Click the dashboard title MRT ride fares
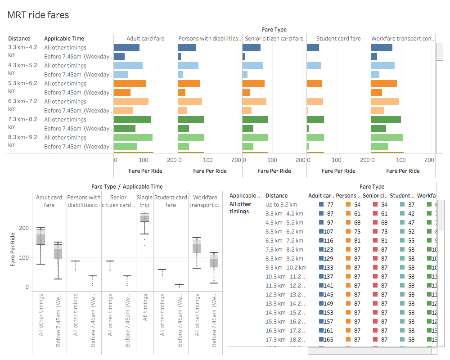38,15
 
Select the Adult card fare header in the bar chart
145,39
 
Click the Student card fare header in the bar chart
338,39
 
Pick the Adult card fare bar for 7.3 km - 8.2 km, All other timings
132,120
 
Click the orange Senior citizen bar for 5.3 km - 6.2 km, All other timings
253,84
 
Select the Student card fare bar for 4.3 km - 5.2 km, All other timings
314,66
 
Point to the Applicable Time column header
64,39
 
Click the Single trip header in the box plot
144,201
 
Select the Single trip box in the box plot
144,218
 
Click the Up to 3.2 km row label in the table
277,205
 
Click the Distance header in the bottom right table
276,196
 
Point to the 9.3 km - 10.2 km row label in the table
286,268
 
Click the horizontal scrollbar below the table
372,351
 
